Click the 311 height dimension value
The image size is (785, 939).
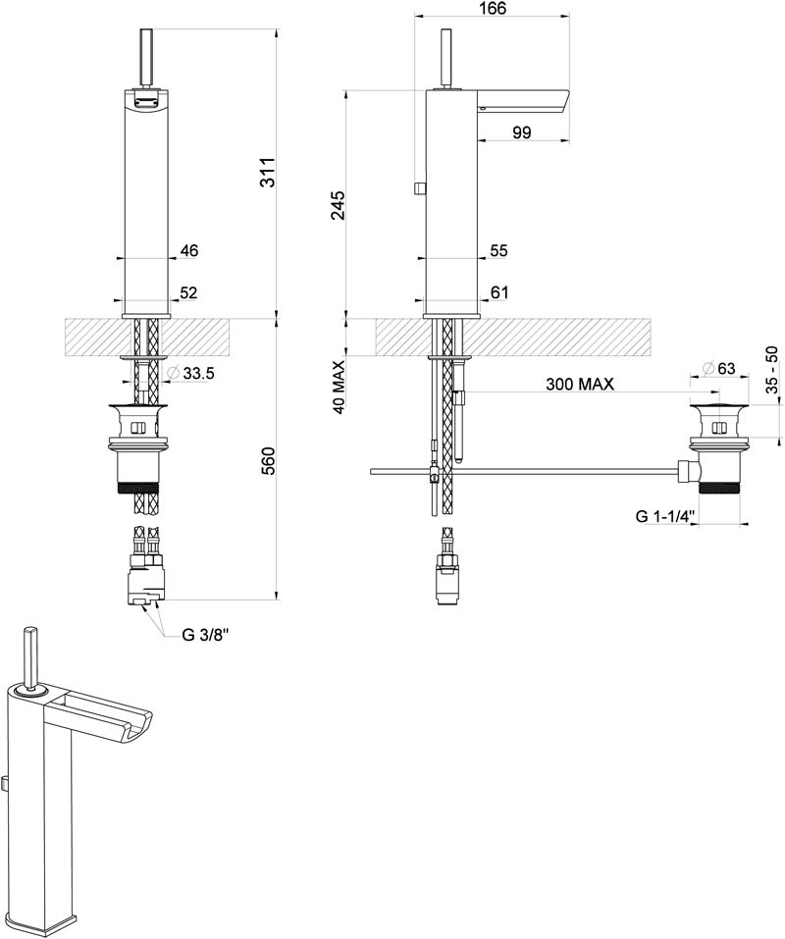coord(268,172)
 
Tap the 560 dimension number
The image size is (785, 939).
coord(268,460)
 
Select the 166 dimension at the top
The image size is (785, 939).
coord(492,9)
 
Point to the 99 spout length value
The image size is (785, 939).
coord(522,132)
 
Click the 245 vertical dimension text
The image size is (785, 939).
coord(338,205)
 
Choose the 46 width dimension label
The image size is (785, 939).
coord(189,250)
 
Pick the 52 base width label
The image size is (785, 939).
coord(188,292)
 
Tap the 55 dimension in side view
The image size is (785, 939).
coord(498,250)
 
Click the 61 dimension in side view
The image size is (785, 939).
coord(499,292)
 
